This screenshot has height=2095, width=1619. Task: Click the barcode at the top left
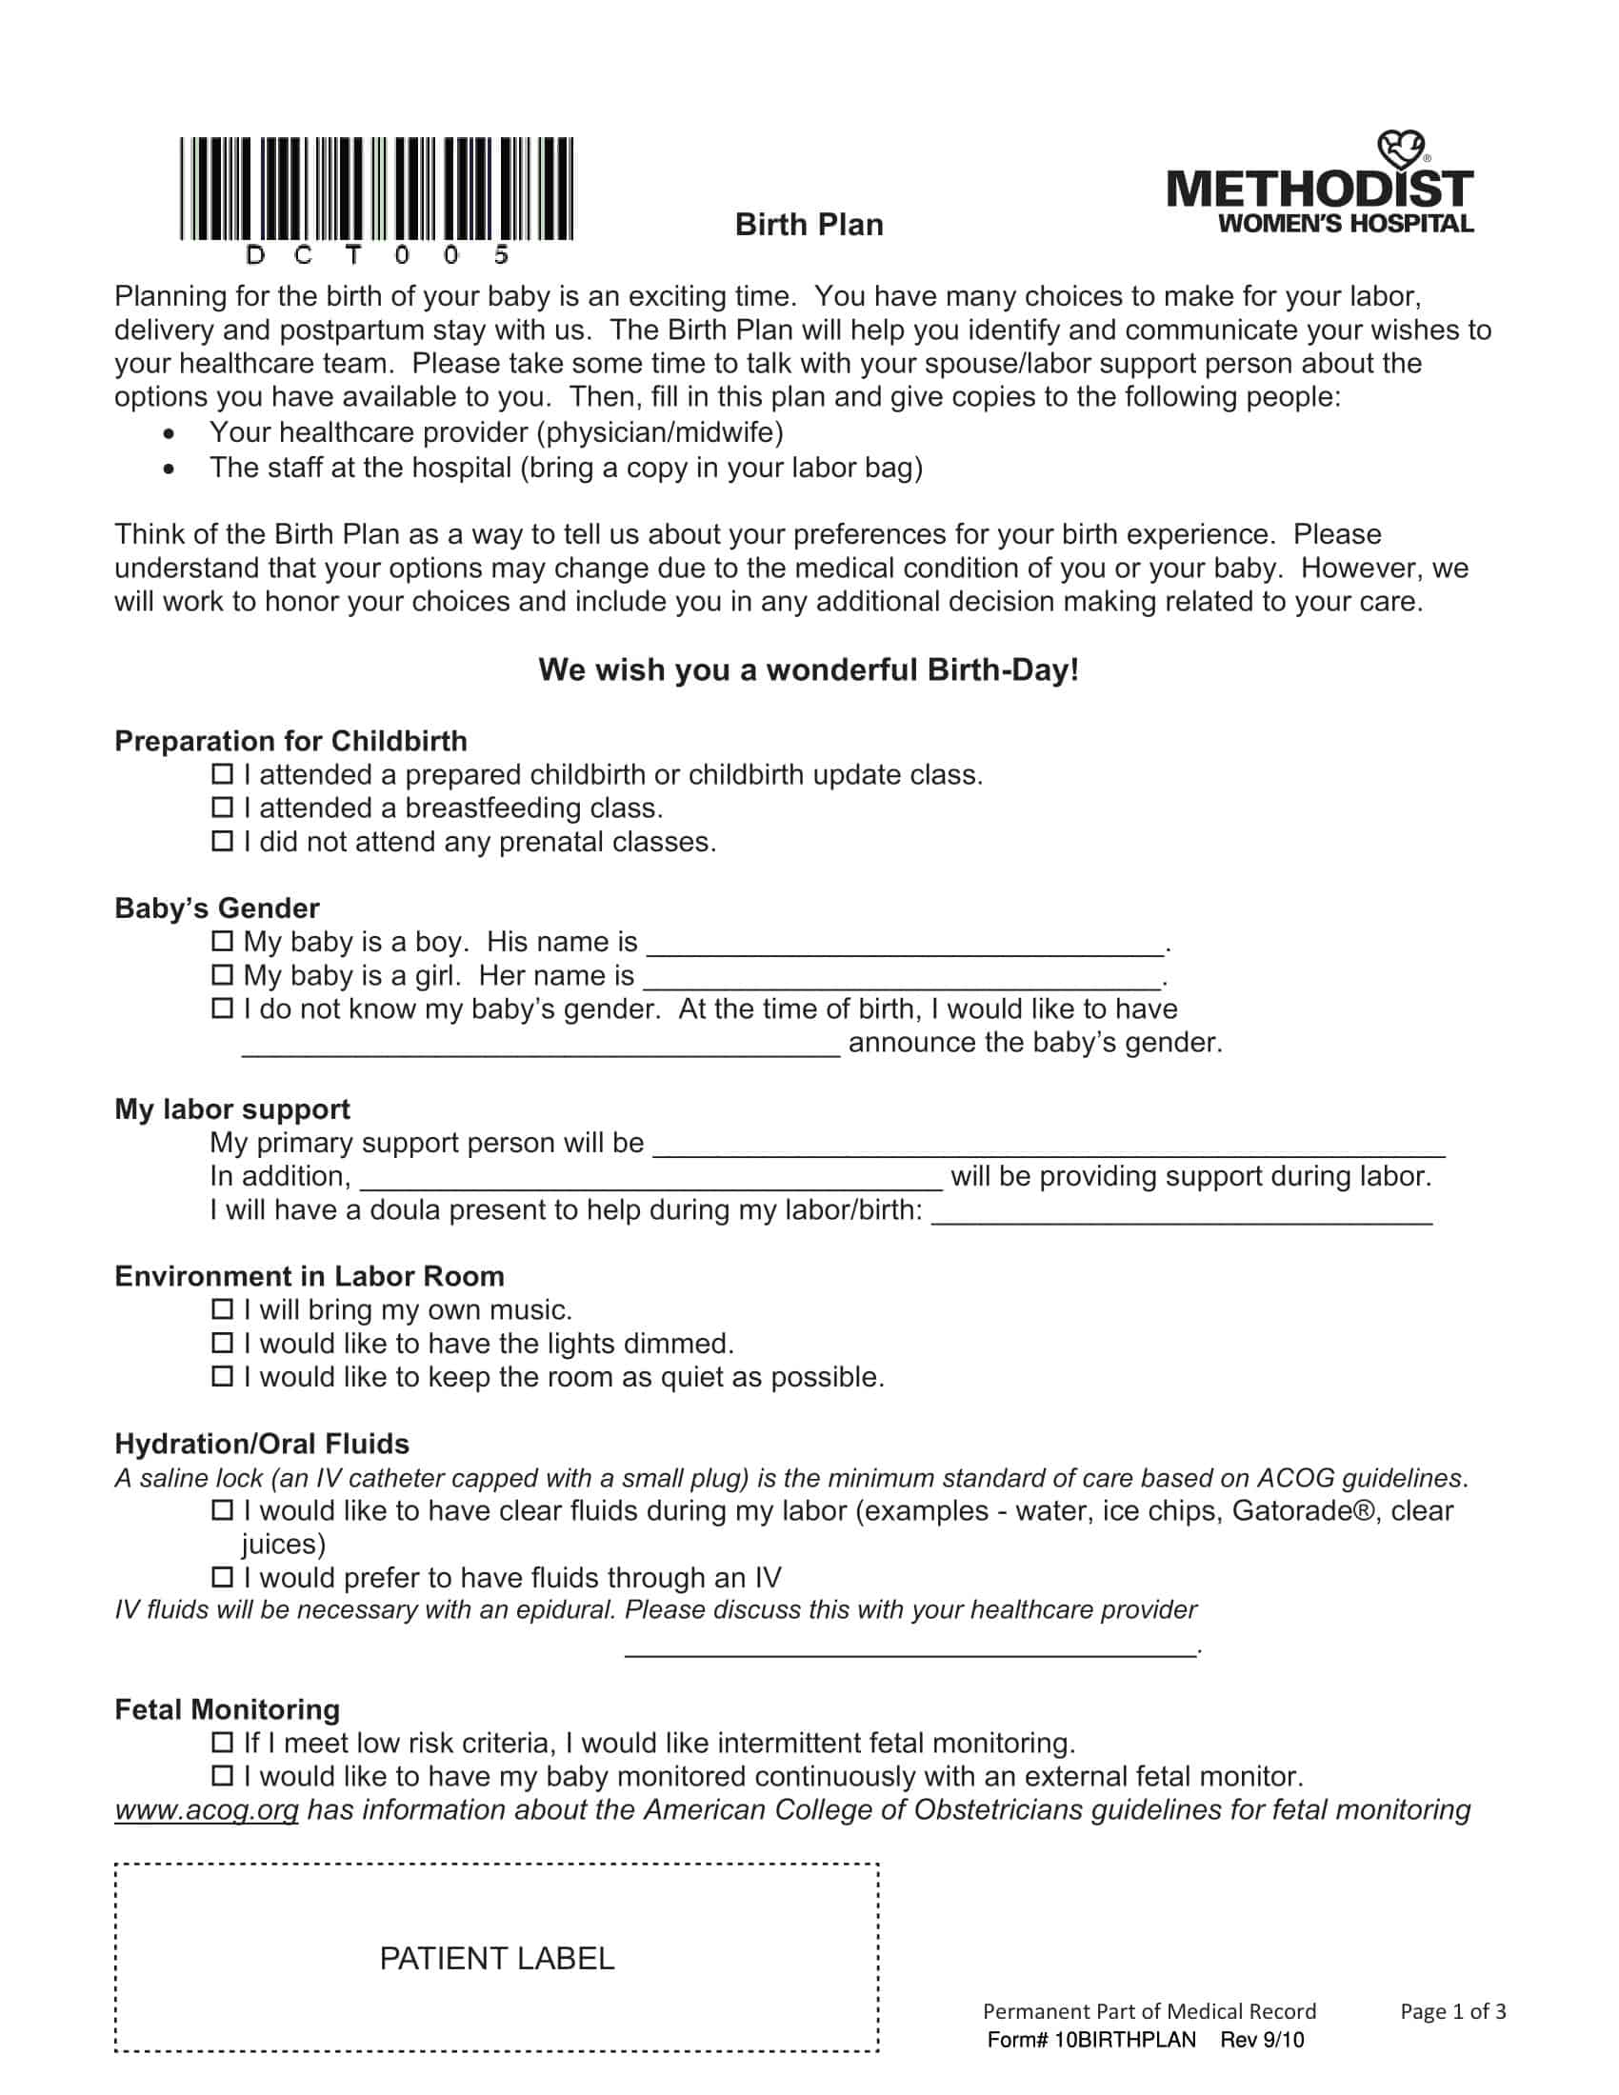click(x=376, y=189)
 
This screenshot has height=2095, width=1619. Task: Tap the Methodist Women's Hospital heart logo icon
click(x=1402, y=150)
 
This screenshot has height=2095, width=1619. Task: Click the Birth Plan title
click(x=809, y=225)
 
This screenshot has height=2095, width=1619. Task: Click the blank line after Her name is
click(x=902, y=980)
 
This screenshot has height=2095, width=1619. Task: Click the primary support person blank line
click(x=1049, y=1148)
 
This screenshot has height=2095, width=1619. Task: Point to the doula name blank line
click(x=1182, y=1215)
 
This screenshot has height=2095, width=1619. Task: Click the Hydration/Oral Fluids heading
click(x=261, y=1444)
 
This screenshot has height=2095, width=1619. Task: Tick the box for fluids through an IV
click(x=222, y=1577)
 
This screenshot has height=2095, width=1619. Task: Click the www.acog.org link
click(x=207, y=1810)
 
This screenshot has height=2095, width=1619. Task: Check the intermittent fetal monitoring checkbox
click(x=222, y=1742)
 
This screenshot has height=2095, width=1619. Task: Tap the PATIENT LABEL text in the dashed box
click(x=497, y=1959)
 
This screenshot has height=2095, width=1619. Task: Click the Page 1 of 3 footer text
click(x=1452, y=2011)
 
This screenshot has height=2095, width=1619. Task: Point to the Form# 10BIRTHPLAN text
click(x=1091, y=2041)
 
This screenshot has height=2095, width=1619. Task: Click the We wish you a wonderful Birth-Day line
click(x=809, y=669)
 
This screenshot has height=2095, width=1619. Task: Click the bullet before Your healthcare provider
click(x=169, y=433)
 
